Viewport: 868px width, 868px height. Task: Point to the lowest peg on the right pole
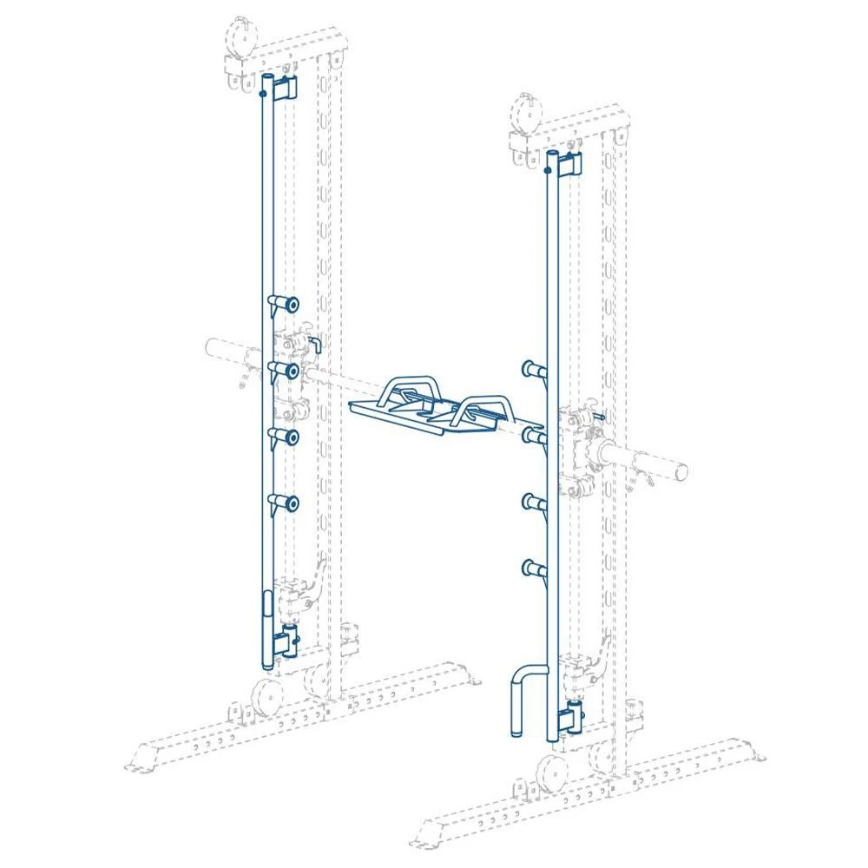pos(533,569)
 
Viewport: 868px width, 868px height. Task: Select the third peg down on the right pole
pos(533,501)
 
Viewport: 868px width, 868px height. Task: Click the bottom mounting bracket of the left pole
pos(286,643)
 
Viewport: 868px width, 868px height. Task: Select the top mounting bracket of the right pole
pos(569,163)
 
